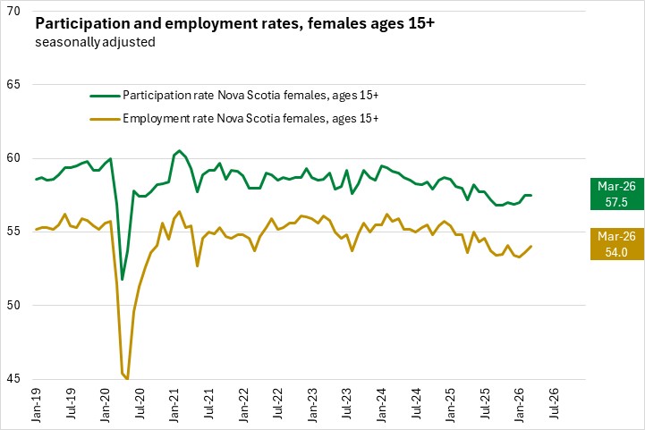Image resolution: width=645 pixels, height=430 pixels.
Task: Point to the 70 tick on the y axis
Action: (15, 12)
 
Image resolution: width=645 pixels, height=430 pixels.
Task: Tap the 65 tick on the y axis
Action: (15, 85)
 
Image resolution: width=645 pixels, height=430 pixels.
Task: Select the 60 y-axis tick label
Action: (15, 158)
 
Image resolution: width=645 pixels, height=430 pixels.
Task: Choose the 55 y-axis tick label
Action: (15, 232)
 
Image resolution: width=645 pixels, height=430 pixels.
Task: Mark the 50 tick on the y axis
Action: (15, 306)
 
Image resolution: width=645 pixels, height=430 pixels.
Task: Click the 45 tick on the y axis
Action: (15, 379)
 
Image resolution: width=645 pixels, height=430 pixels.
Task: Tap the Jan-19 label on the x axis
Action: (37, 404)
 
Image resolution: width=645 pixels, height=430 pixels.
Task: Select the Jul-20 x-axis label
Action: (139, 404)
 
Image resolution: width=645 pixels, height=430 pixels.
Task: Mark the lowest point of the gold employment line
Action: (128, 379)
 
